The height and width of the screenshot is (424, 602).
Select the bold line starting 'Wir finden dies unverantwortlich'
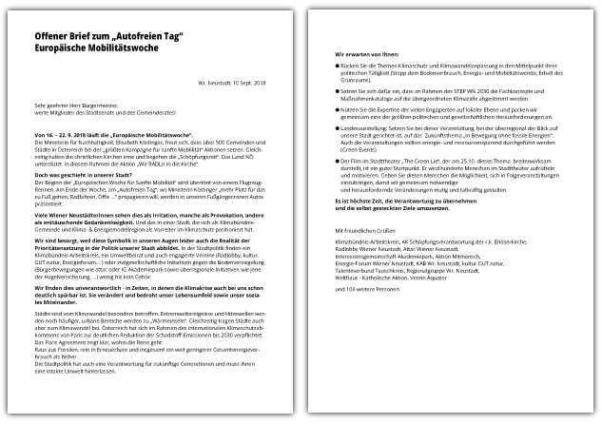click(x=133, y=287)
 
